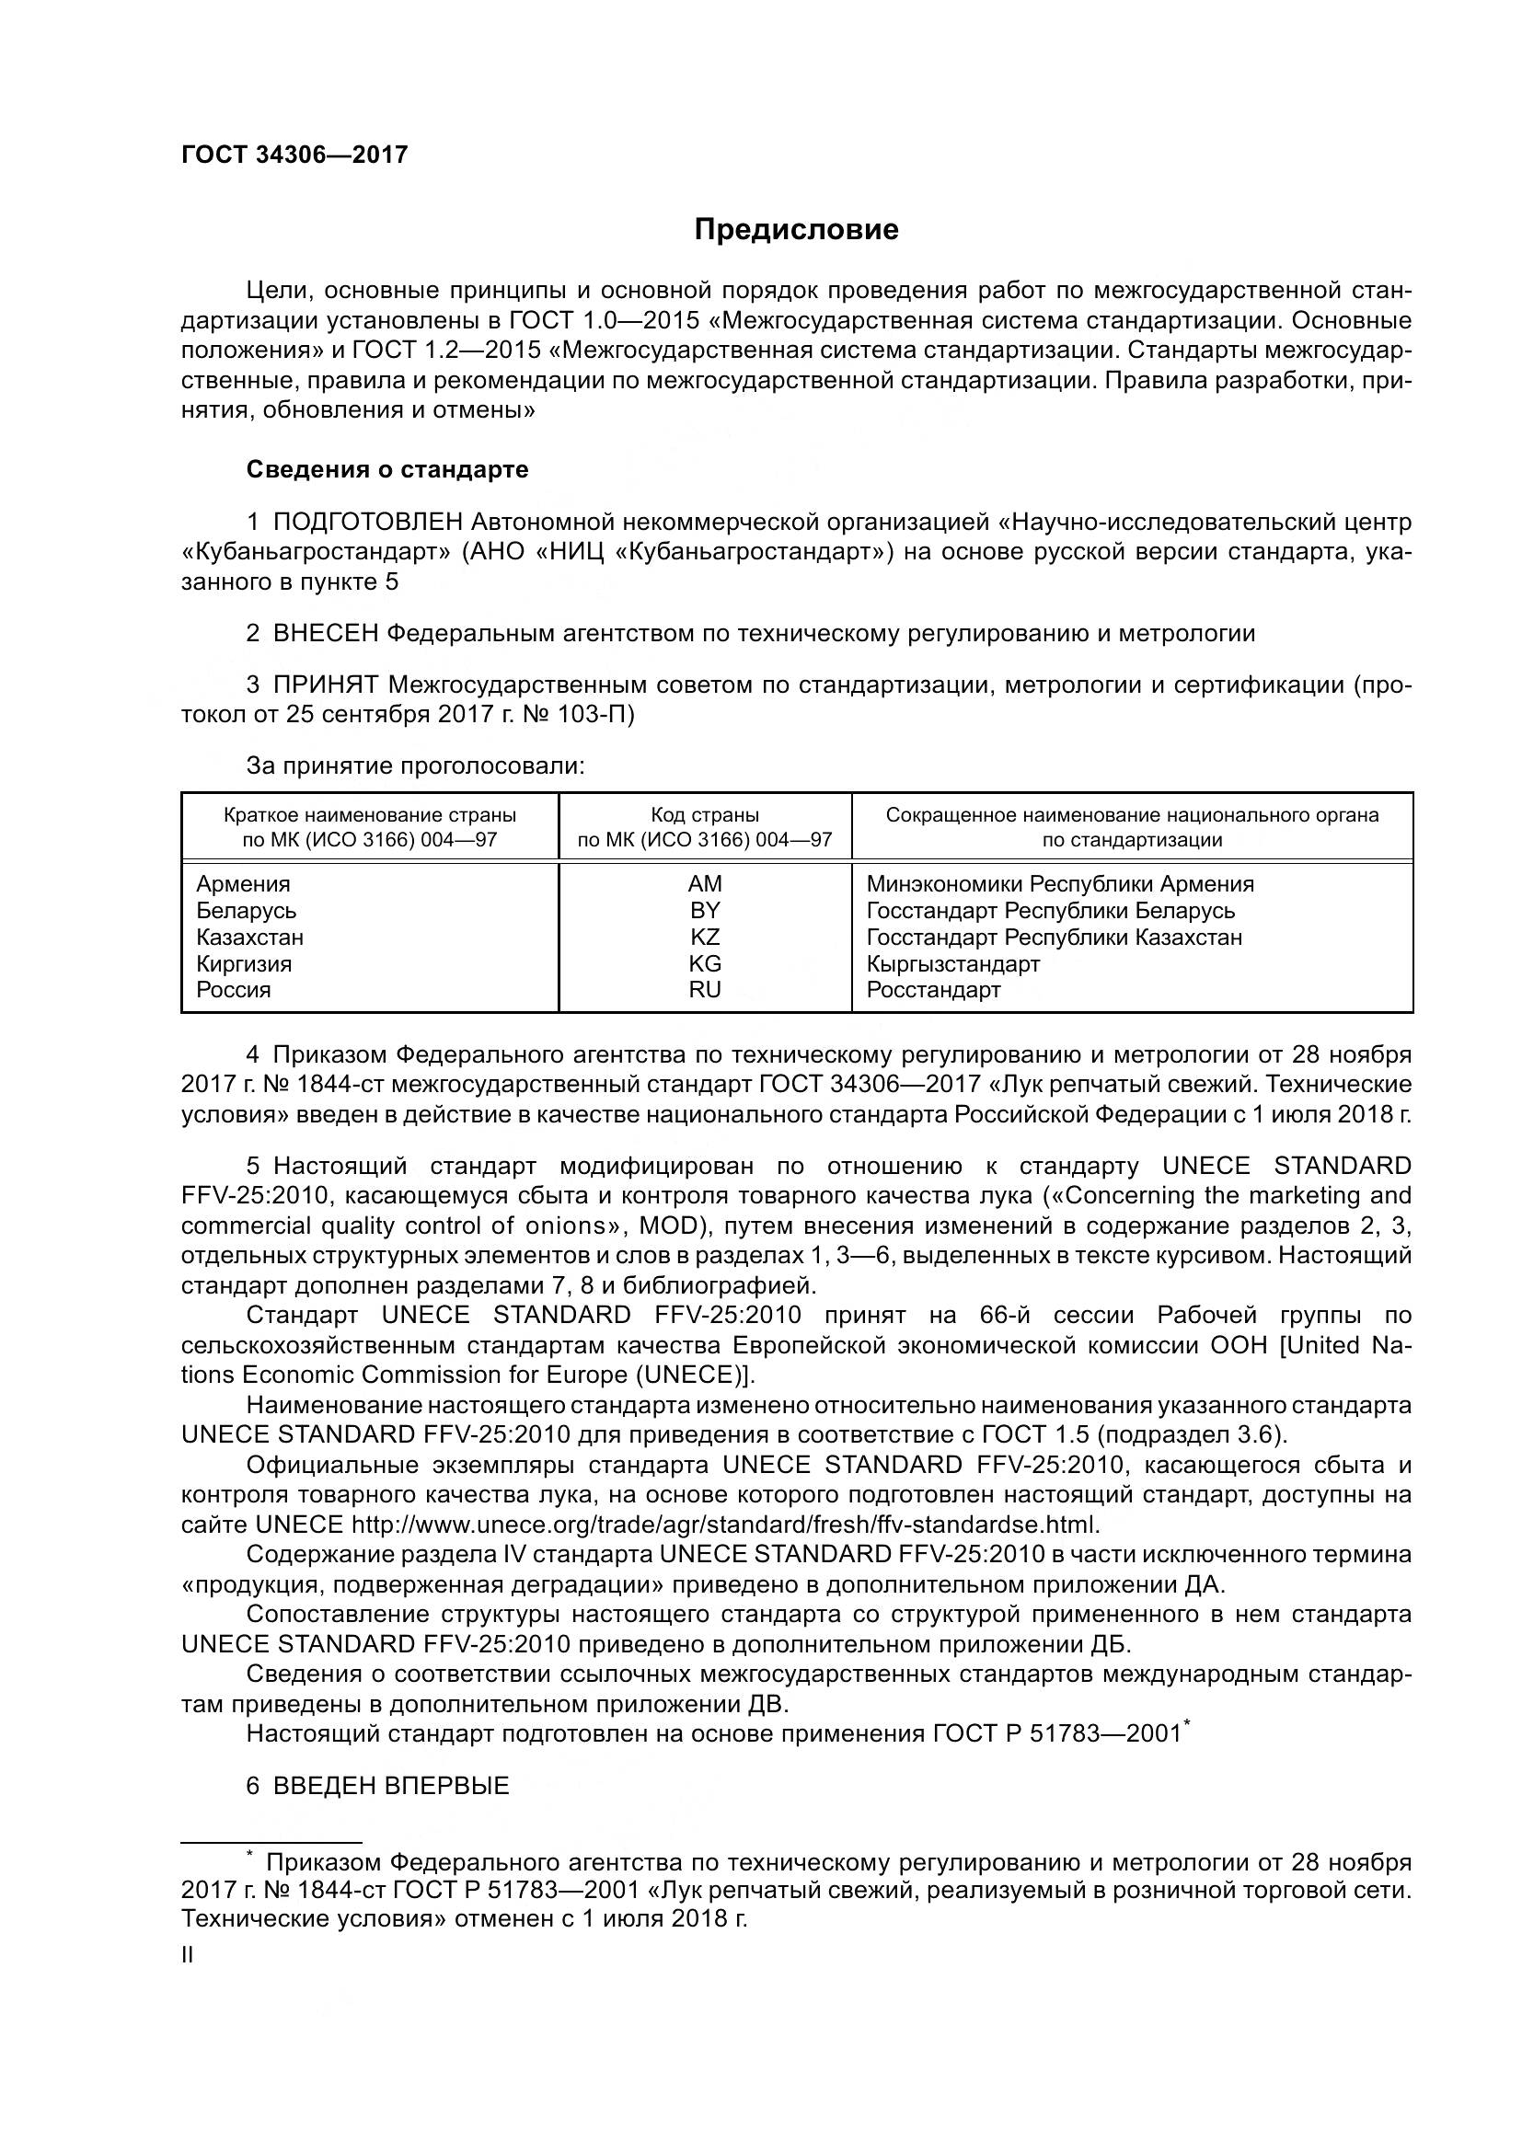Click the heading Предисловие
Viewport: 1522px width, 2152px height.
[796, 230]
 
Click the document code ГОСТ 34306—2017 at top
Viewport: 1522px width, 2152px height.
[294, 155]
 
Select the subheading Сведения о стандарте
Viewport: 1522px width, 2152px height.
[387, 469]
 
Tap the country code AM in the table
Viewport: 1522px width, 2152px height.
[705, 884]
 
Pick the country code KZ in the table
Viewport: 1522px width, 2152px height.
[705, 938]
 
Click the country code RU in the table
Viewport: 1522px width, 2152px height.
[705, 990]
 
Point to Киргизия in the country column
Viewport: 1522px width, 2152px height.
[244, 963]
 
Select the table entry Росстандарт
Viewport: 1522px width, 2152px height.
[933, 990]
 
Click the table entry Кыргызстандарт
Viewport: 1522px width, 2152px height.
[953, 963]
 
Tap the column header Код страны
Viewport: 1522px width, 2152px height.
[705, 814]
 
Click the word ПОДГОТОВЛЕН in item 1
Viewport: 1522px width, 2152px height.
[368, 521]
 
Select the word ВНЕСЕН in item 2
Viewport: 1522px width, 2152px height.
[325, 634]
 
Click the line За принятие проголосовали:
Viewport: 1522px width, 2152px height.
[415, 766]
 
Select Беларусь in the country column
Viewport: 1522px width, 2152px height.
[247, 911]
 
